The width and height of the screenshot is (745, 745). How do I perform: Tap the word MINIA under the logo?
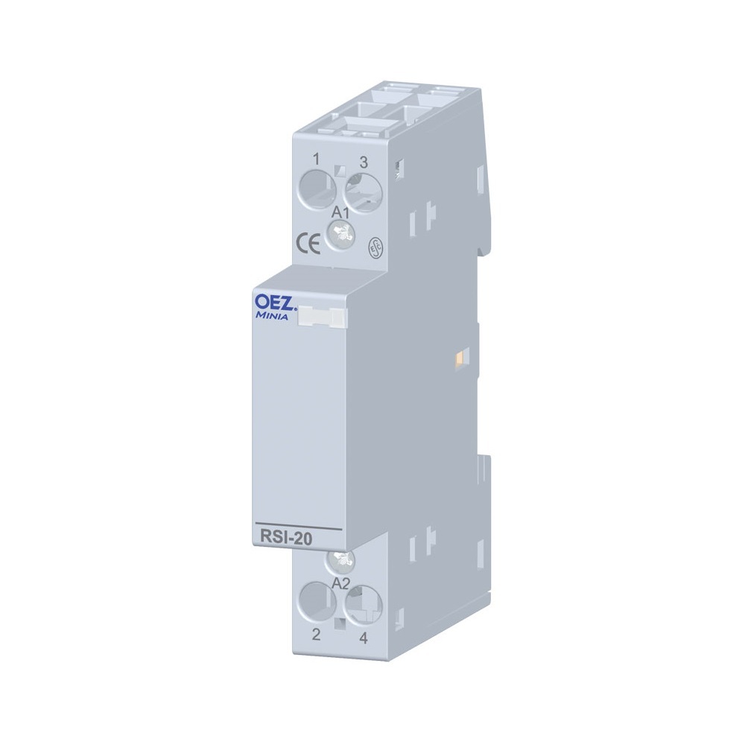pos(272,315)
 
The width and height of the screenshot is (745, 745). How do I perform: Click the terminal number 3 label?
pos(364,162)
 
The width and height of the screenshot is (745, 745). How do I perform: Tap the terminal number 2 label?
pos(316,634)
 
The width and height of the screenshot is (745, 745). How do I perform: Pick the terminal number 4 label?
pos(364,638)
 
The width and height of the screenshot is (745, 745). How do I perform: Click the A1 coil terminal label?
pos(340,212)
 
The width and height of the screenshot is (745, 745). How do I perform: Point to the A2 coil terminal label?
pos(340,583)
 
